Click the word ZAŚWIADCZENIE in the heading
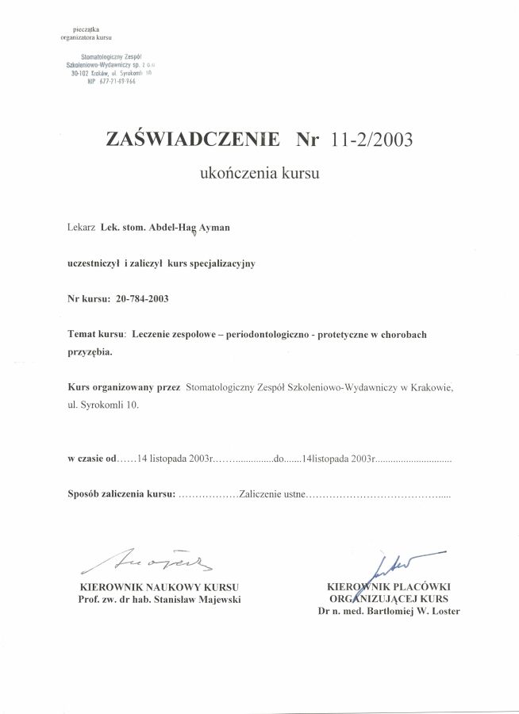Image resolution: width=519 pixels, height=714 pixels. point(193,140)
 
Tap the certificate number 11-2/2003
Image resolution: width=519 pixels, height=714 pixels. point(371,140)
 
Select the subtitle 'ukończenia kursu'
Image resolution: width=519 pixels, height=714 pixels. point(259,172)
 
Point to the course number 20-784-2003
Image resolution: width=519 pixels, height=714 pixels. point(142,299)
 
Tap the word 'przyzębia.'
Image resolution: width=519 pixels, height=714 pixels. point(90,352)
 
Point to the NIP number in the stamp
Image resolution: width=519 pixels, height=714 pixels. point(106,83)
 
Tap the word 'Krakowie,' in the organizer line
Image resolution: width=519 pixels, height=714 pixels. point(435,387)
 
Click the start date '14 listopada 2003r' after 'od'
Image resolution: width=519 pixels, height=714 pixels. point(174,459)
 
